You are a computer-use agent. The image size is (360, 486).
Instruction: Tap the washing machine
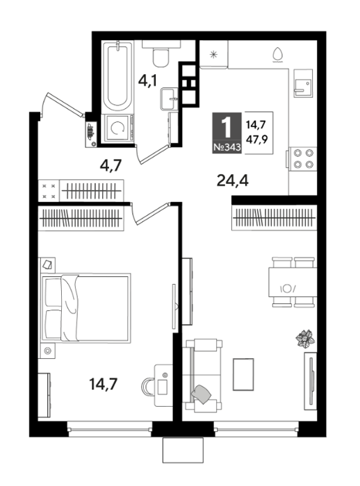pyautogui.click(x=118, y=128)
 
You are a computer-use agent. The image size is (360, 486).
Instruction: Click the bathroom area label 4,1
pyautogui.click(x=148, y=81)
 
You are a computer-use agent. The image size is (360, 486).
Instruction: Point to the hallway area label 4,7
pyautogui.click(x=111, y=165)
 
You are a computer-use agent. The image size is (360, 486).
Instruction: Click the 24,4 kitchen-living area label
pyautogui.click(x=232, y=181)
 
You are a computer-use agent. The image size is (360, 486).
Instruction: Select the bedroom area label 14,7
pyautogui.click(x=103, y=384)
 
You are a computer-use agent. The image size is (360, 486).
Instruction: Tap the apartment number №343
pyautogui.click(x=227, y=147)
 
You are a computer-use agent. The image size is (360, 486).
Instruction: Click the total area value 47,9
pyautogui.click(x=256, y=140)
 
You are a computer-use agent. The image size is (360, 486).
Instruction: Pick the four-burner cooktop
pyautogui.click(x=303, y=158)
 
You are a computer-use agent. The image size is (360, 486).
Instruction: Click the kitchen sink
pyautogui.click(x=302, y=84)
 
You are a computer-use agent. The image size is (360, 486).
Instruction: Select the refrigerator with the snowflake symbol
pyautogui.click(x=213, y=55)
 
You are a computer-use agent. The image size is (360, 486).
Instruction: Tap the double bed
pyautogui.click(x=86, y=308)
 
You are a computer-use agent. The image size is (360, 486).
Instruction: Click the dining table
pyautogui.click(x=293, y=282)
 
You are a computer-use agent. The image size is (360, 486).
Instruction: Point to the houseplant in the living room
pyautogui.click(x=305, y=339)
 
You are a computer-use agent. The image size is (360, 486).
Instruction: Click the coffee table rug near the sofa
pyautogui.click(x=243, y=374)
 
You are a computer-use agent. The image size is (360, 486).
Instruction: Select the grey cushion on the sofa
pyautogui.click(x=201, y=394)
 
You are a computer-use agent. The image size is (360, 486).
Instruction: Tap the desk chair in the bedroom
pyautogui.click(x=148, y=386)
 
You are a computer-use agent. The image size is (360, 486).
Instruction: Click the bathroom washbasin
pyautogui.click(x=170, y=99)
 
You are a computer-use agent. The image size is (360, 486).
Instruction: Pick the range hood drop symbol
pyautogui.click(x=277, y=55)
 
